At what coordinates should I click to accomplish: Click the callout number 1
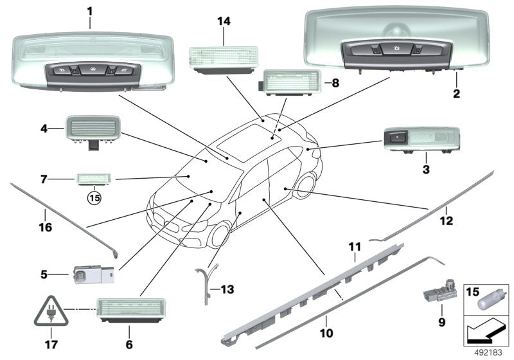tap(90, 11)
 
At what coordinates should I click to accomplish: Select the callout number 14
tap(223, 21)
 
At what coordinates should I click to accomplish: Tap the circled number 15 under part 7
tap(94, 197)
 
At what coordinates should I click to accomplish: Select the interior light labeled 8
tap(286, 83)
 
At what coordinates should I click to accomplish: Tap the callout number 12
tap(446, 222)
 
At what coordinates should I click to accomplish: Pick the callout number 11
tap(355, 247)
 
